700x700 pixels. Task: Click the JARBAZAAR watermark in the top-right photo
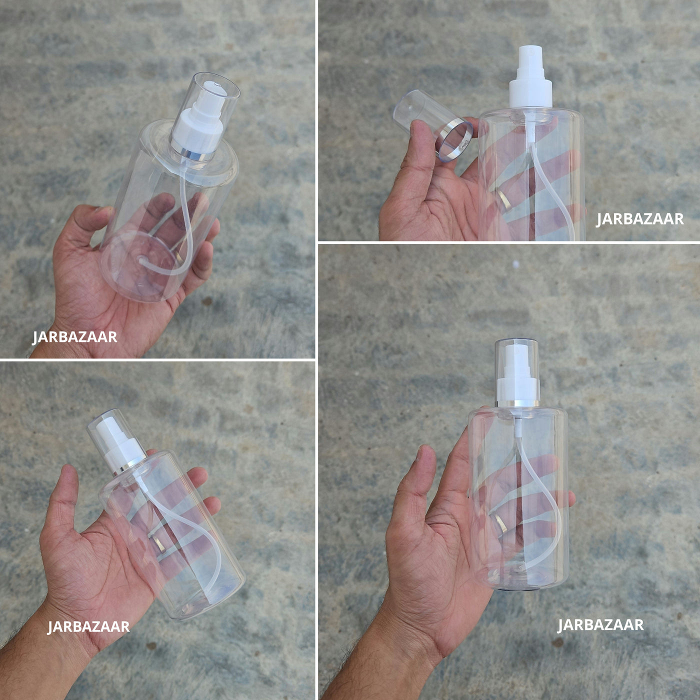pyautogui.click(x=640, y=219)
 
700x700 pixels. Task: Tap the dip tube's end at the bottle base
pyautogui.click(x=141, y=259)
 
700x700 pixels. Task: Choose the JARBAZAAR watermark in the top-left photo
pyautogui.click(x=75, y=336)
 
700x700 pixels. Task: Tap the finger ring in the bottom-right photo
pyautogui.click(x=498, y=523)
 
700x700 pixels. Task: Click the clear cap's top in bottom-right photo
pyautogui.click(x=516, y=342)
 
